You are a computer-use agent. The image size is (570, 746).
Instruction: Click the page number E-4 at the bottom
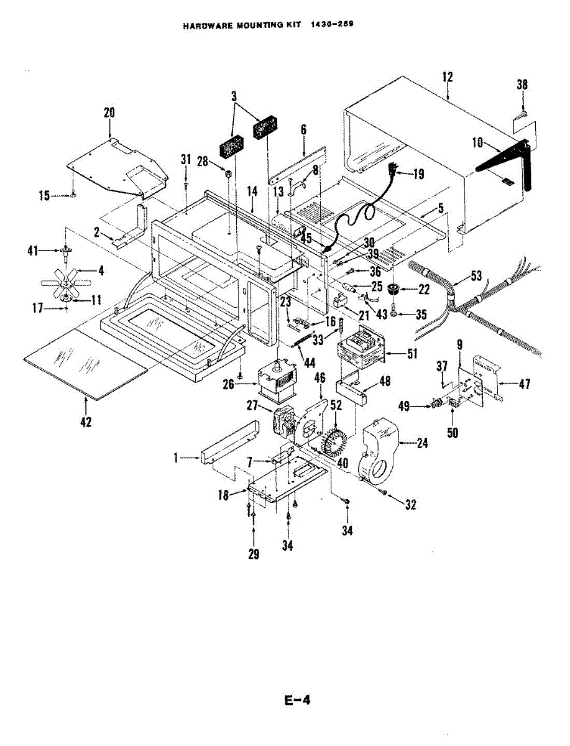click(x=297, y=700)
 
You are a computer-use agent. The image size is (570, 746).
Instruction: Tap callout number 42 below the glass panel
click(x=86, y=422)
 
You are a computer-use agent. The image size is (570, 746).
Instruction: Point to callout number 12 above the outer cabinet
click(x=448, y=77)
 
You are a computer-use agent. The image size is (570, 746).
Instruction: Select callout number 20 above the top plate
click(x=109, y=113)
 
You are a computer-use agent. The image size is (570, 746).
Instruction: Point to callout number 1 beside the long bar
click(x=176, y=458)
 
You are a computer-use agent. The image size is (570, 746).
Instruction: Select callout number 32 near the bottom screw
click(x=410, y=505)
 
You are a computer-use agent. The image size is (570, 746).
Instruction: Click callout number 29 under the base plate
click(x=254, y=555)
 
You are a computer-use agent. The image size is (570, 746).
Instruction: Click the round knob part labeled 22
click(x=393, y=289)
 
